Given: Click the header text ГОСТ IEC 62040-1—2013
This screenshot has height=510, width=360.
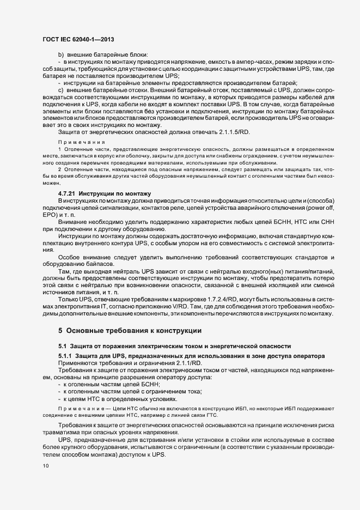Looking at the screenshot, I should tap(78, 39).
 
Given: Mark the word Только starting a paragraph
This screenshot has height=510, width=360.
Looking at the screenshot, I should tap(69, 300).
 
